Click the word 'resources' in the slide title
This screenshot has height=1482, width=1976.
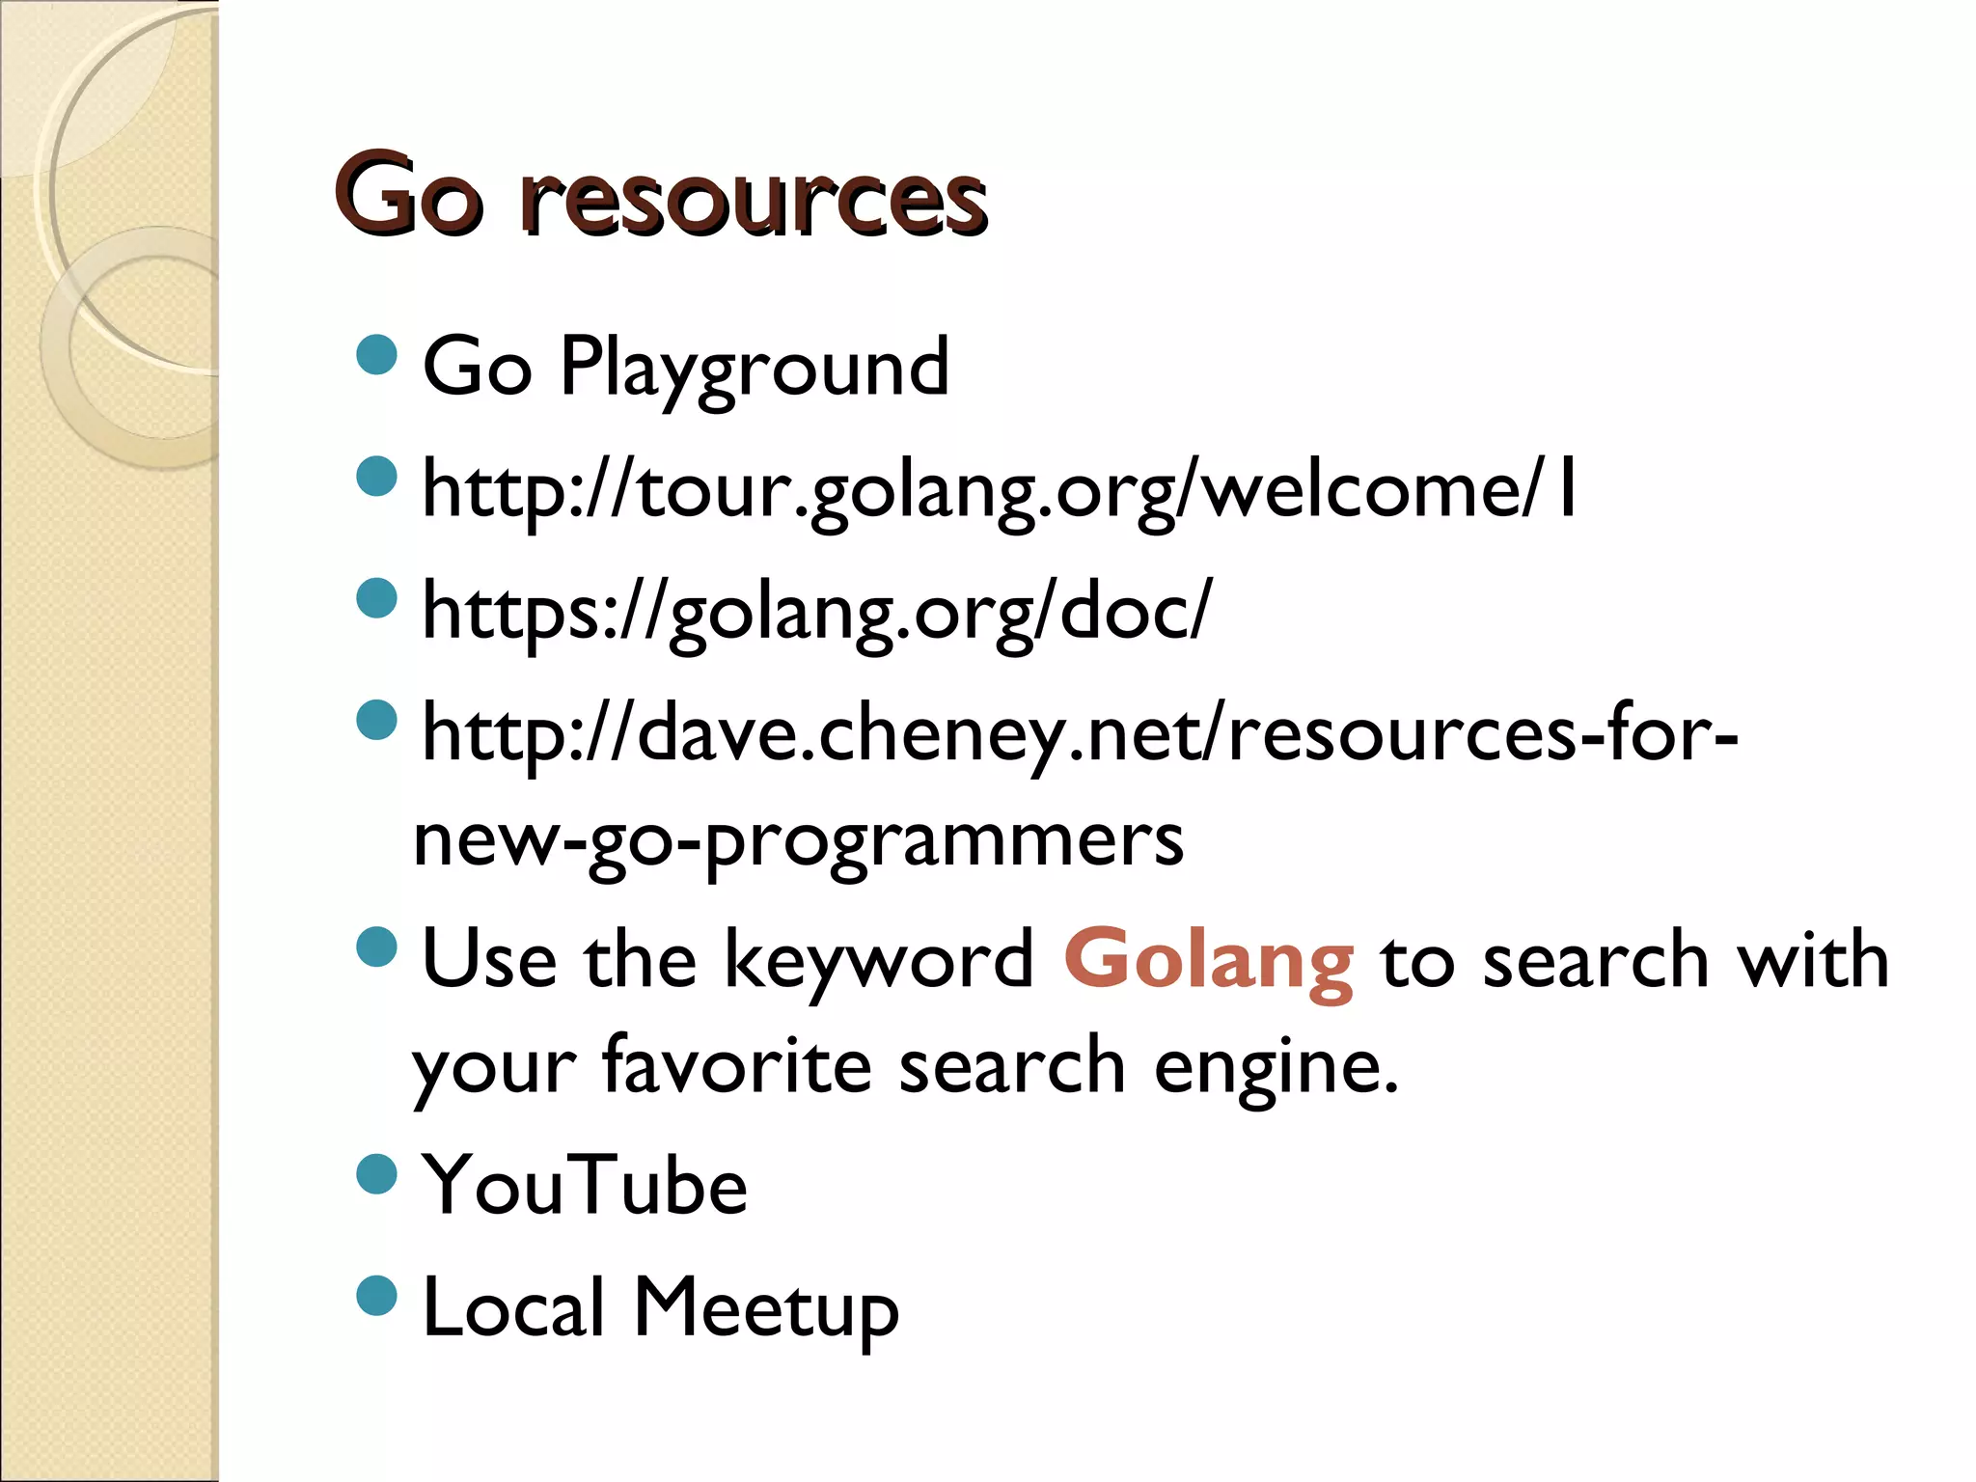pos(754,198)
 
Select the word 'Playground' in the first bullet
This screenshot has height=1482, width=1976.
pos(755,368)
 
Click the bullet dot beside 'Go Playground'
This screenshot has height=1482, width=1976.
pos(377,354)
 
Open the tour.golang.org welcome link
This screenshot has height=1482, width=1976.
pos(1000,491)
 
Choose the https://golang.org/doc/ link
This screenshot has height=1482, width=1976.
pos(816,613)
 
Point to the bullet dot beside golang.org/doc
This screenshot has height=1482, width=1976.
pos(377,598)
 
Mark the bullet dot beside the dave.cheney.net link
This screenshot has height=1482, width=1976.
pos(377,720)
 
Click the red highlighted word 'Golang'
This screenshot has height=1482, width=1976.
pos(1209,961)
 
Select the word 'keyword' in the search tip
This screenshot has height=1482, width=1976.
pos(878,961)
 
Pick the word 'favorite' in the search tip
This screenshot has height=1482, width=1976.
pos(737,1066)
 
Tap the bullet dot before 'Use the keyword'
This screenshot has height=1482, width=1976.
pos(377,947)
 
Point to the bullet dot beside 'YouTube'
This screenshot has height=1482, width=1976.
pos(377,1174)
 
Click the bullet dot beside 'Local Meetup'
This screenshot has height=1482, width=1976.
pos(377,1295)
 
